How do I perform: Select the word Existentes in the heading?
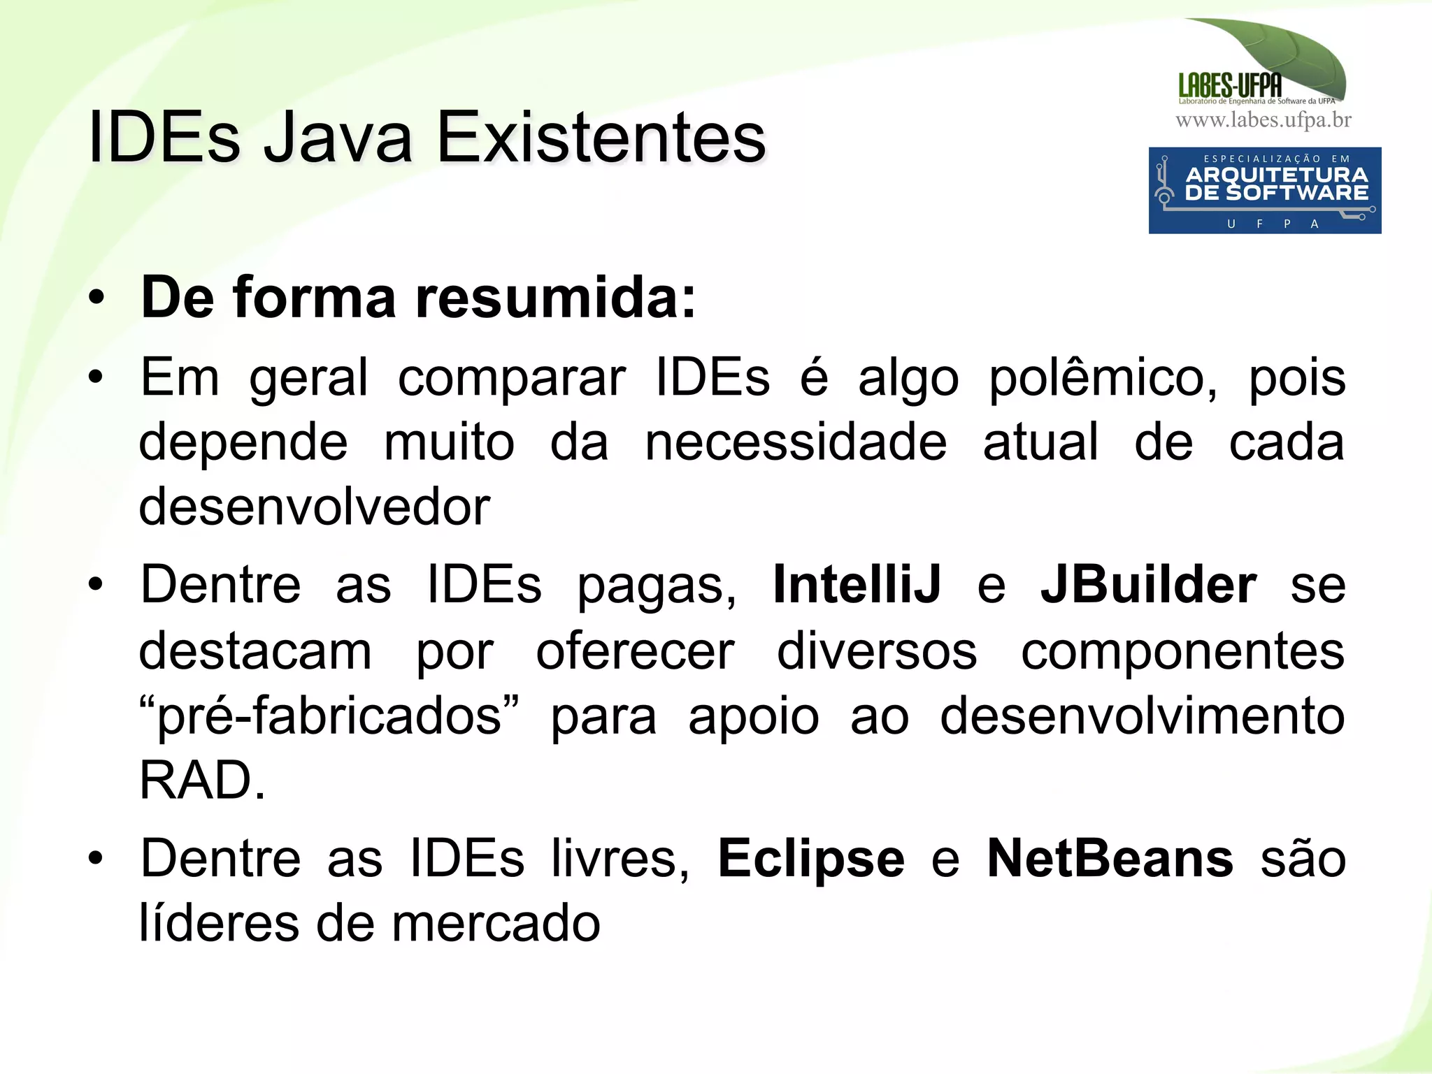click(x=601, y=138)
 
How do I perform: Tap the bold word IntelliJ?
click(x=857, y=585)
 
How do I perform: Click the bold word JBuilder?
click(x=1148, y=585)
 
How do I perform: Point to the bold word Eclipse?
click(x=811, y=859)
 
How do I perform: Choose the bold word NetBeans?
click(x=1110, y=859)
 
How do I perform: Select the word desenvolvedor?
click(x=315, y=507)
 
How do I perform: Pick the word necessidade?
click(x=796, y=442)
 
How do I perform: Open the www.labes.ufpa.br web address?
click(x=1263, y=120)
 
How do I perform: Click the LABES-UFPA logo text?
click(x=1230, y=86)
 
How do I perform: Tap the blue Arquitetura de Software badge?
click(x=1264, y=190)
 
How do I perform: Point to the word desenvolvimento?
click(x=1142, y=716)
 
